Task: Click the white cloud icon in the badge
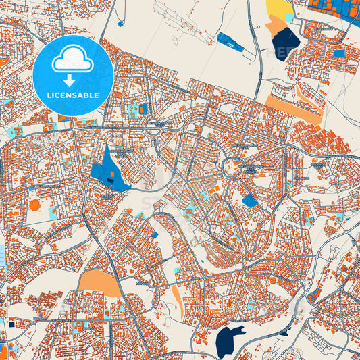[x=72, y=59]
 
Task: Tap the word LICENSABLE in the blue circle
[x=72, y=95]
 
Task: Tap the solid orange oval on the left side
[x=34, y=205]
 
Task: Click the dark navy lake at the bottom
[x=230, y=338]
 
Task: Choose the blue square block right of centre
[x=250, y=200]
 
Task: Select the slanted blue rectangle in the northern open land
[x=231, y=41]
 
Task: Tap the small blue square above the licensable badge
[x=120, y=24]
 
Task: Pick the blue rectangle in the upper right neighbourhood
[x=338, y=53]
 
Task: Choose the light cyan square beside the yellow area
[x=290, y=18]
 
